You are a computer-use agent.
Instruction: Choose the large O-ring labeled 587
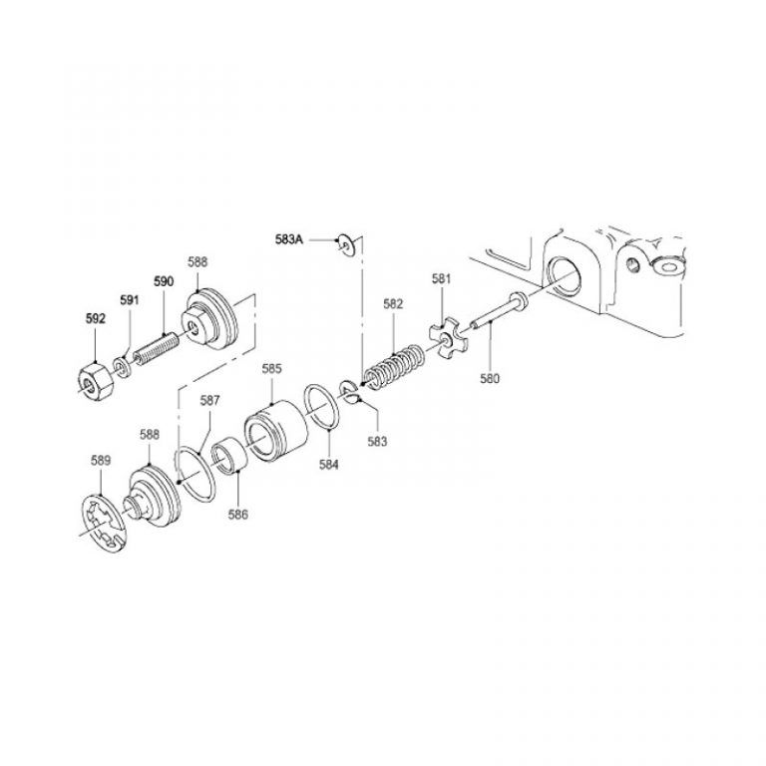198,474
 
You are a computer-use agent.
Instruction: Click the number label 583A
291,239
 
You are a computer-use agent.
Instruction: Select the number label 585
271,368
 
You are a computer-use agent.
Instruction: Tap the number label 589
102,461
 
